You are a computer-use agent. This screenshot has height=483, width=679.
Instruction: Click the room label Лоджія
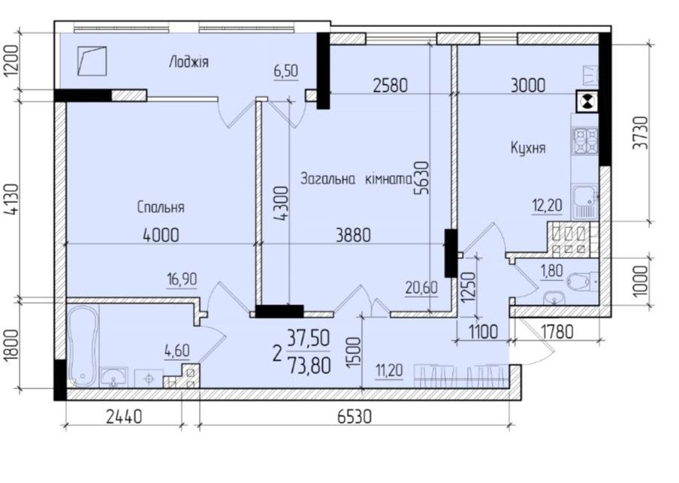point(189,62)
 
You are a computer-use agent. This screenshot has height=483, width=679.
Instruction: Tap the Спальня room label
point(161,207)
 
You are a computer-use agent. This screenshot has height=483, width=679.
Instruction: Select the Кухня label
point(528,148)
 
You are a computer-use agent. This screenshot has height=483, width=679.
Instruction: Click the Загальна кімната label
point(356,179)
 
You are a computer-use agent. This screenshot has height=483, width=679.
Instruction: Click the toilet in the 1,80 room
point(581,282)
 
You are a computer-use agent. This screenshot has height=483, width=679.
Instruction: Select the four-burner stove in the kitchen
point(585,140)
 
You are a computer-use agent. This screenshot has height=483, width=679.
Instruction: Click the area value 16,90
point(182,280)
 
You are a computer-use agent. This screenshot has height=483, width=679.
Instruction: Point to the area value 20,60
point(421,287)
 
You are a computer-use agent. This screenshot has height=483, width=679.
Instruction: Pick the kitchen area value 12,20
point(548,204)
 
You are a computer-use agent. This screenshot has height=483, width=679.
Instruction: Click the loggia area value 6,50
point(286,71)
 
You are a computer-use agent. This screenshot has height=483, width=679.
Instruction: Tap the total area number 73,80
point(309,366)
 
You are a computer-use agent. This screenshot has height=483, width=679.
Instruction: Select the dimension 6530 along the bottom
point(354,417)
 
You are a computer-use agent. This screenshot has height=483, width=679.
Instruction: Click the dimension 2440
point(124,417)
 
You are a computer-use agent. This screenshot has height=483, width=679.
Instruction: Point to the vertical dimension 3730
point(640,132)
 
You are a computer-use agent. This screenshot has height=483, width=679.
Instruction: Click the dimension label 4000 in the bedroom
point(161,235)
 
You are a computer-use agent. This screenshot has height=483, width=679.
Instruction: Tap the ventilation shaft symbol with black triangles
point(587,101)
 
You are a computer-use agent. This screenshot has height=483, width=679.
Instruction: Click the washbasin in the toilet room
point(553,297)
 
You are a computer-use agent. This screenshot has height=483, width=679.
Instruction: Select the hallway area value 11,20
point(389,371)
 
